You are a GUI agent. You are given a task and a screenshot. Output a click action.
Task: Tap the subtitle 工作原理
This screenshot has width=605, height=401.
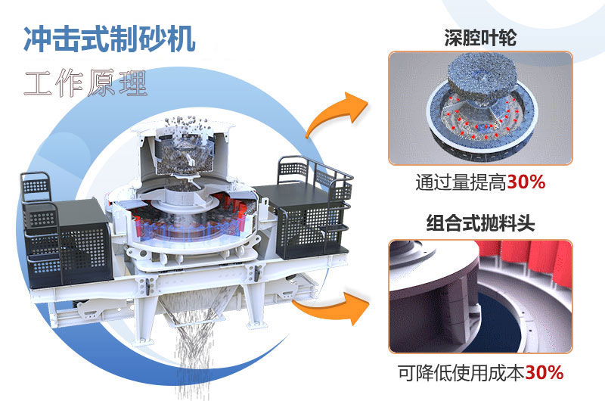tap(85, 82)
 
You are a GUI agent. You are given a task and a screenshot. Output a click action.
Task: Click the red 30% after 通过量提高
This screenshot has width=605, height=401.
tap(526, 184)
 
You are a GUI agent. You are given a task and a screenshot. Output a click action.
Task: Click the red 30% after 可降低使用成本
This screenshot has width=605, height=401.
tap(544, 372)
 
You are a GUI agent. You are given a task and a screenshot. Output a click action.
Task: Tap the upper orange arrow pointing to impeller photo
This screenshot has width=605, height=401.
tap(333, 113)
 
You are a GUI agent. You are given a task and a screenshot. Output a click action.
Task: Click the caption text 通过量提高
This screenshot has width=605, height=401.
tap(461, 184)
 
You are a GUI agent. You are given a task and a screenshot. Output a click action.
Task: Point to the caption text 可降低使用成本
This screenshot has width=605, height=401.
tap(461, 372)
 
